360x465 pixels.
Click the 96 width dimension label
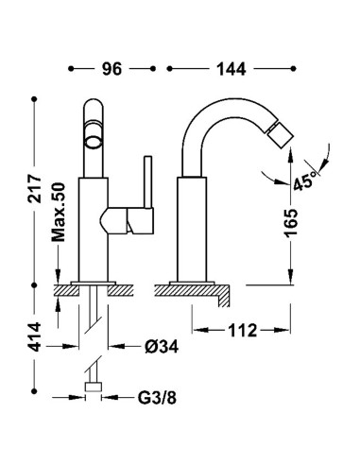coord(111,69)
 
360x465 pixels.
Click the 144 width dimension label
coord(231,69)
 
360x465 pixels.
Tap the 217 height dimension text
coord(34,189)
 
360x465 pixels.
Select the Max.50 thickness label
coord(58,213)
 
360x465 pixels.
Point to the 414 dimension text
coord(34,336)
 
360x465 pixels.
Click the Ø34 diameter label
coord(162,347)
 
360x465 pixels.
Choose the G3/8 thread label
coord(157,398)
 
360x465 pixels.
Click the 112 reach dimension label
coord(243,330)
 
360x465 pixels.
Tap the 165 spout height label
coord(290,222)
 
